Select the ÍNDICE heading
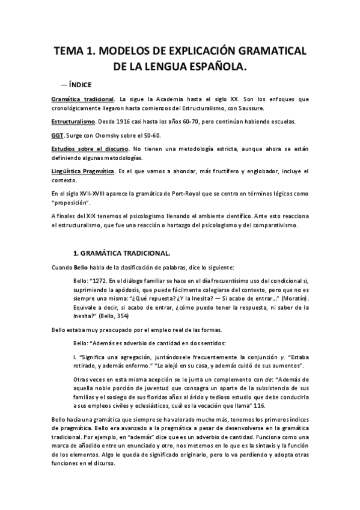pyautogui.click(x=76, y=85)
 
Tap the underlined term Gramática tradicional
pyautogui.click(x=82, y=99)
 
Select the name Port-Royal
pyautogui.click(x=197, y=195)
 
